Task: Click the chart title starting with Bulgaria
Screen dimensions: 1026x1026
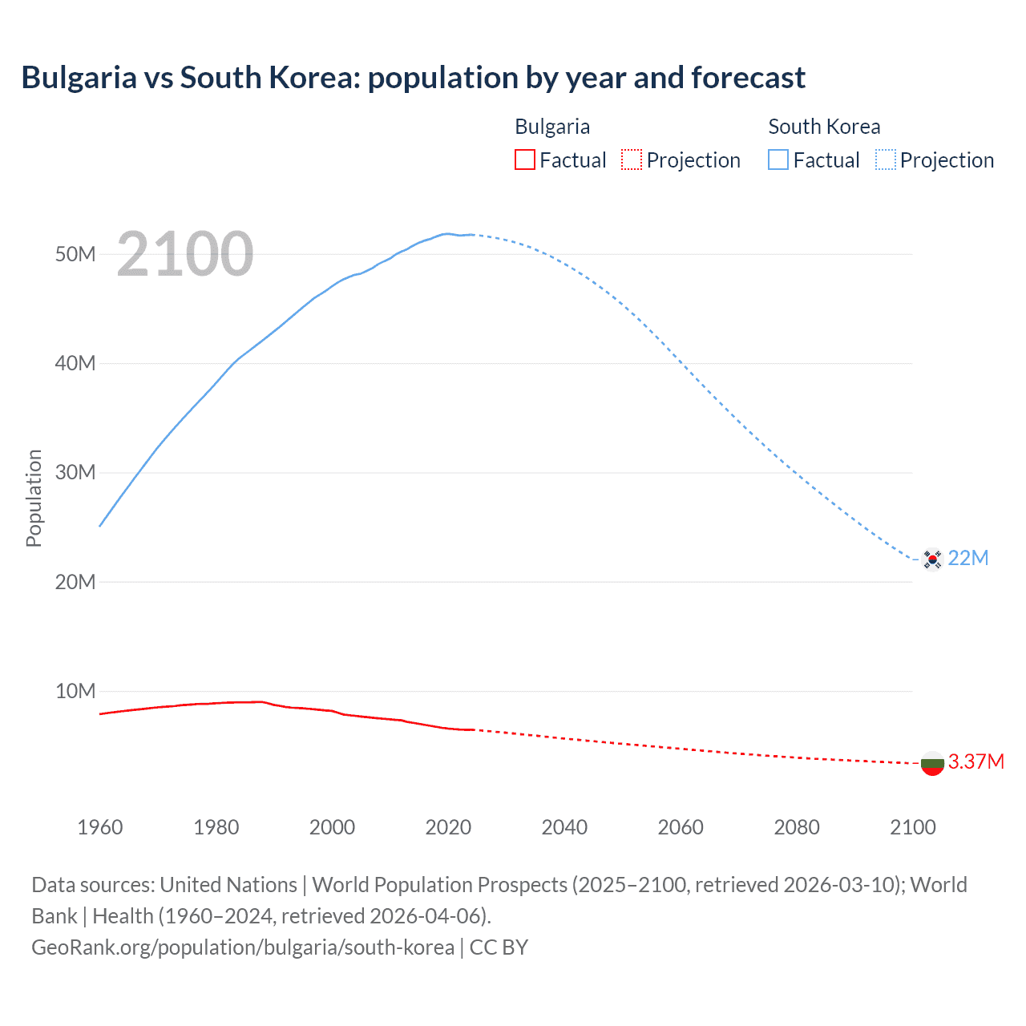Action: click(x=413, y=78)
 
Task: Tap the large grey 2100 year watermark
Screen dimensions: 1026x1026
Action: click(x=185, y=254)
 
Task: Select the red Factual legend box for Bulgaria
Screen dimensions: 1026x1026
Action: click(x=524, y=160)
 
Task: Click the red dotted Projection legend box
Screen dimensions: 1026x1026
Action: click(x=632, y=160)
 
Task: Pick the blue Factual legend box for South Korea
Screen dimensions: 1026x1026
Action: click(x=778, y=160)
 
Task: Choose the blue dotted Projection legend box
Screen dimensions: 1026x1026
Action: click(x=885, y=160)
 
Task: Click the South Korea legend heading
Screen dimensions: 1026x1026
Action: click(x=823, y=127)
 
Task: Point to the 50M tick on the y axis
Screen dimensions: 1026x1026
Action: click(x=75, y=254)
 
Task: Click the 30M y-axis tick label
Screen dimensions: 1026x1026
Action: click(x=75, y=472)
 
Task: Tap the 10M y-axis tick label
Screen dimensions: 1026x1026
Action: click(x=75, y=691)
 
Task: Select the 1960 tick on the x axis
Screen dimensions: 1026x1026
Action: click(x=100, y=827)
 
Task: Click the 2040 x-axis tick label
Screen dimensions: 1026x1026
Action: click(x=564, y=827)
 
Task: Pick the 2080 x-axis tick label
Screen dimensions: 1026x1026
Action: click(x=797, y=827)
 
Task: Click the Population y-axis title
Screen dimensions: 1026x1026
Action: click(x=34, y=498)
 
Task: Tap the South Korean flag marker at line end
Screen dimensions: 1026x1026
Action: click(x=931, y=559)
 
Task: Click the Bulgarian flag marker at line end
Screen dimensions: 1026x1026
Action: click(x=931, y=764)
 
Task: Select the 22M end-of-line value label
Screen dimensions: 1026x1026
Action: click(x=968, y=558)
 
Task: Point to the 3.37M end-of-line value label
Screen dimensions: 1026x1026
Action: click(x=976, y=761)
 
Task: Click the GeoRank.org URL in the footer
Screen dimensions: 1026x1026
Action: click(x=243, y=947)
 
